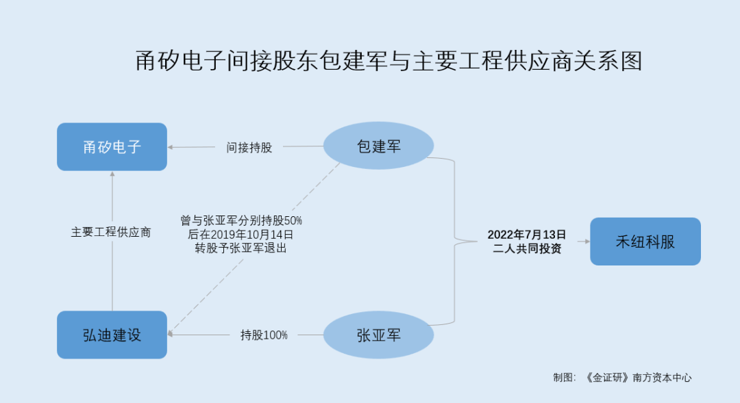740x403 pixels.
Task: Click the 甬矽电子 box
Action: (x=112, y=146)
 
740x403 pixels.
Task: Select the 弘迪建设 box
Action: (x=112, y=335)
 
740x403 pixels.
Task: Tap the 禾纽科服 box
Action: (x=645, y=242)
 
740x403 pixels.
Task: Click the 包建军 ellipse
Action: (x=378, y=146)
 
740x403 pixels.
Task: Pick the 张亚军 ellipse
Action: (x=378, y=335)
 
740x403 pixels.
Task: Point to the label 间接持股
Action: (x=249, y=147)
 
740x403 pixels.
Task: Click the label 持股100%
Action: (x=264, y=335)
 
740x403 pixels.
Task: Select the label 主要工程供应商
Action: (x=111, y=232)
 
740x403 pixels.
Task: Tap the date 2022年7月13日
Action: (x=527, y=235)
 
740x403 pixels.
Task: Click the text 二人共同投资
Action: (x=527, y=249)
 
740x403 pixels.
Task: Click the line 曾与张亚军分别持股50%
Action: (x=241, y=220)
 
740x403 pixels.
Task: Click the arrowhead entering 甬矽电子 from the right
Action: (x=171, y=146)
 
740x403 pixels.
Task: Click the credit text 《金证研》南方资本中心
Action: (x=639, y=378)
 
